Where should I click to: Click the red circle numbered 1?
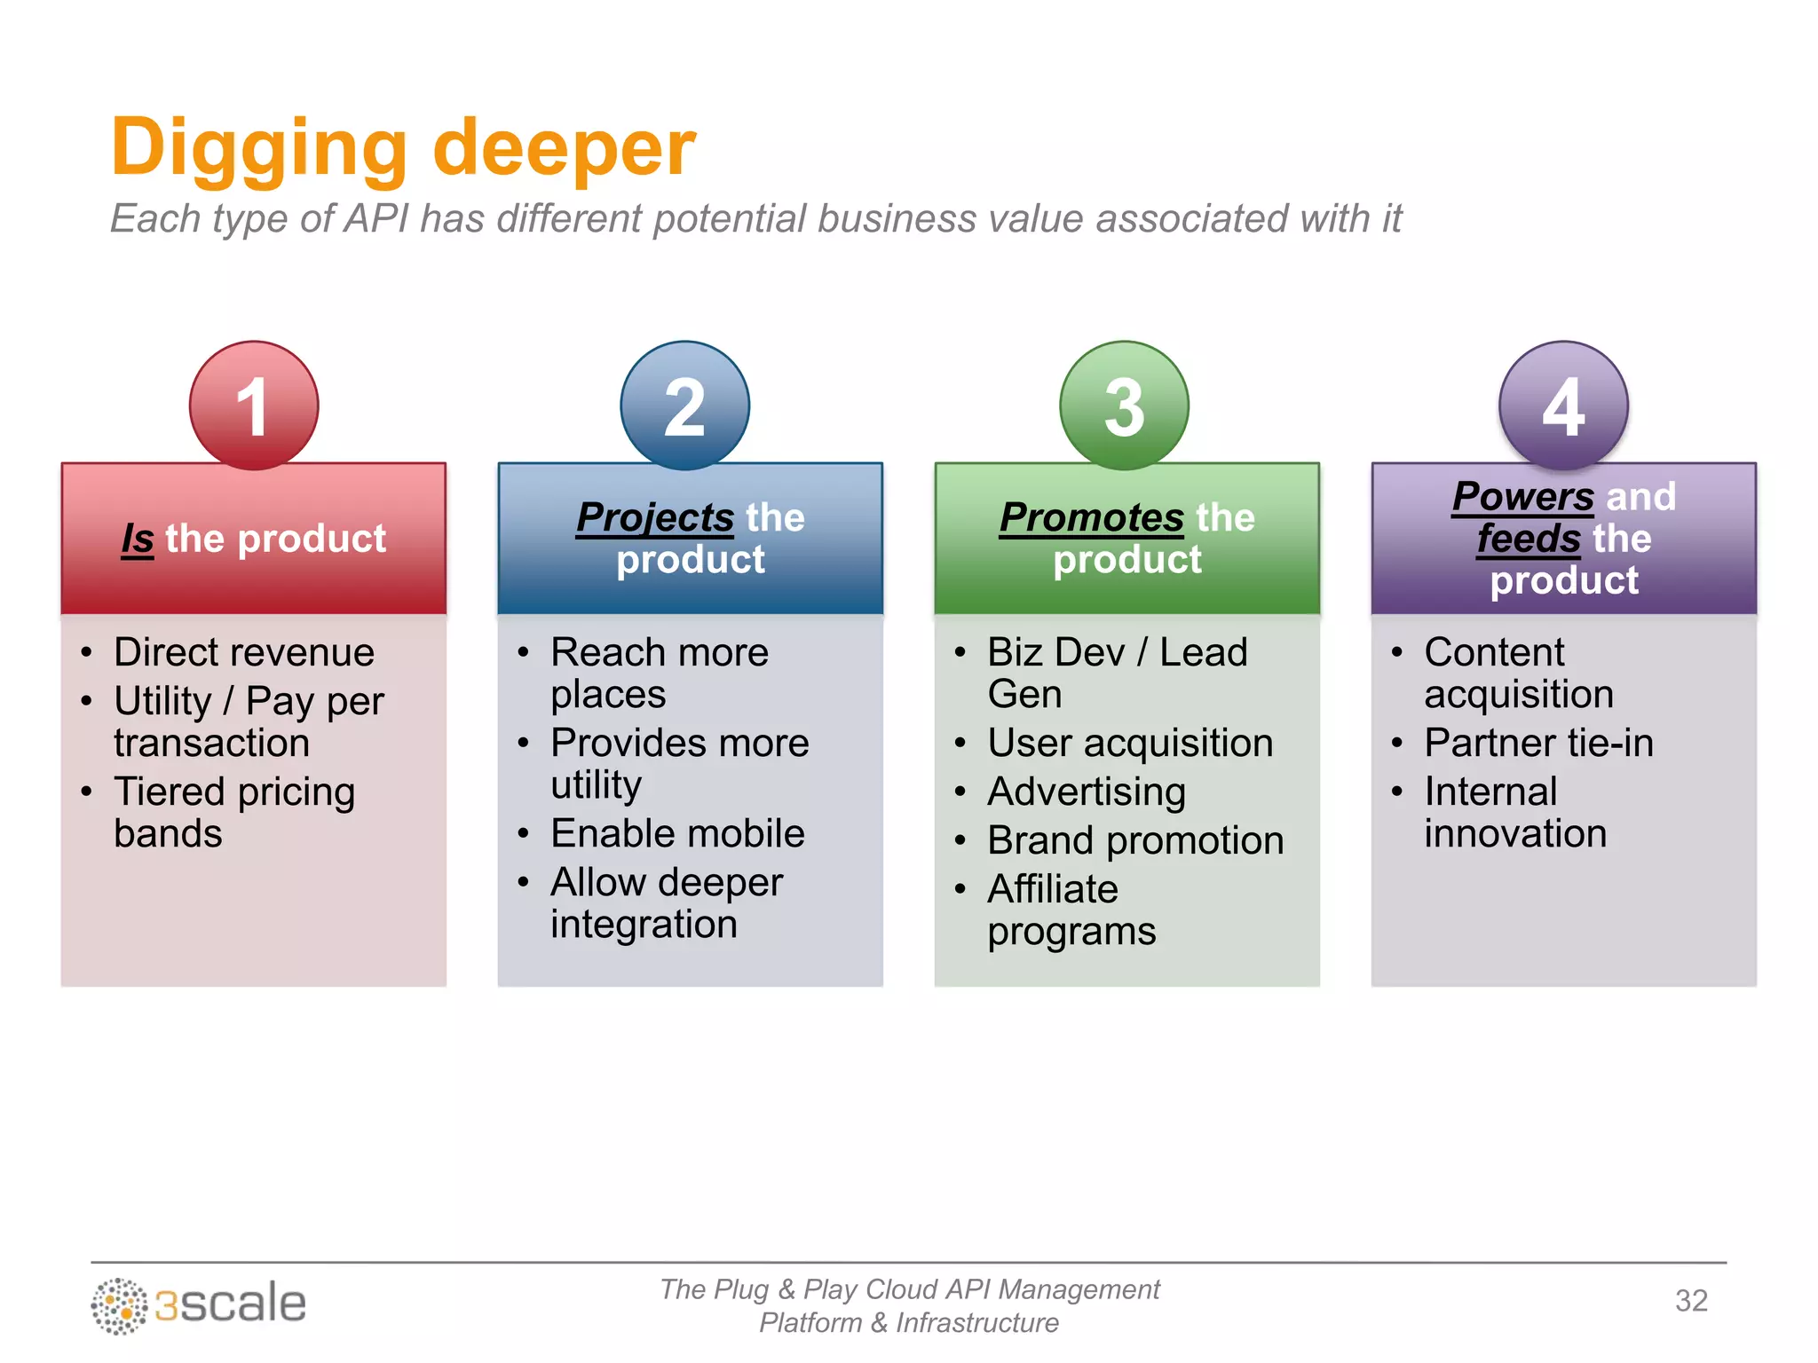[254, 406]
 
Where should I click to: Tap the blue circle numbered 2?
[684, 406]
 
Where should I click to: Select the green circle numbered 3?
[1124, 406]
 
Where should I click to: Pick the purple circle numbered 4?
[1563, 406]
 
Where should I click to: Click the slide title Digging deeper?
[403, 148]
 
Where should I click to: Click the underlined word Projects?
[655, 517]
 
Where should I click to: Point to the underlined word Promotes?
[1092, 517]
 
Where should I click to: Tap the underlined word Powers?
[1523, 496]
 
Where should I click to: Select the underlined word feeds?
[1529, 539]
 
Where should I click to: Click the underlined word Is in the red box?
[138, 539]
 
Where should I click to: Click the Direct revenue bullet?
[244, 652]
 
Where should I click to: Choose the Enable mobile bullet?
[677, 833]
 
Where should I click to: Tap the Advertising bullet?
[1087, 792]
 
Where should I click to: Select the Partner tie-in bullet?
[1538, 743]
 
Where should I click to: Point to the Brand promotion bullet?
[1135, 840]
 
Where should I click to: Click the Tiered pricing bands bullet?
[234, 811]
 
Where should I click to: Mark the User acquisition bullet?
[1130, 743]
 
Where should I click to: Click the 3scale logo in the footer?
[199, 1304]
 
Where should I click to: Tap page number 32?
[1691, 1301]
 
